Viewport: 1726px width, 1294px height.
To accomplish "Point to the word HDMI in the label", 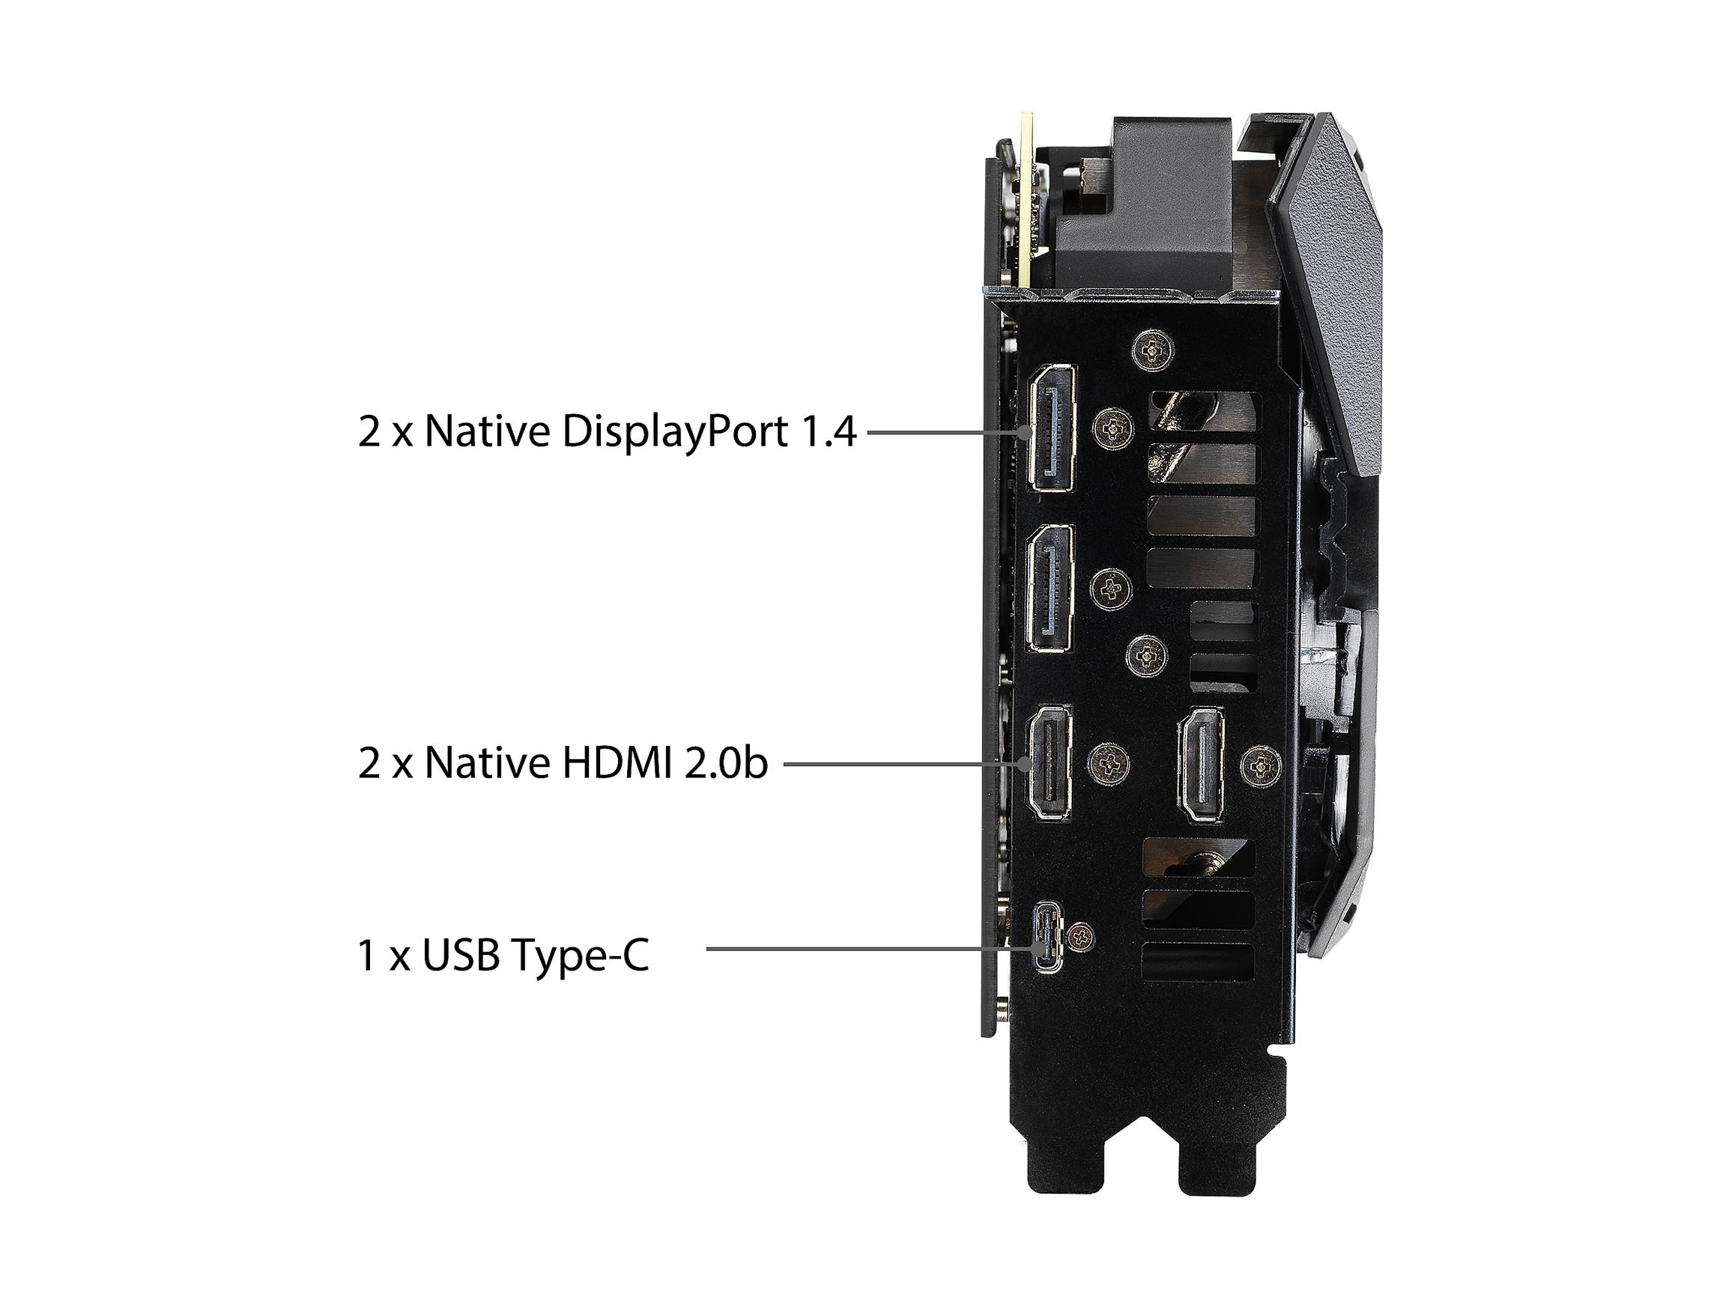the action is (617, 763).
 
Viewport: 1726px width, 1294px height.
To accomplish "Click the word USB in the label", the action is (461, 955).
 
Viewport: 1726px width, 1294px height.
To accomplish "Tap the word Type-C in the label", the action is (580, 957).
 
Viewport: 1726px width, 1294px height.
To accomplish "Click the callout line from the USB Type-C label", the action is (869, 949).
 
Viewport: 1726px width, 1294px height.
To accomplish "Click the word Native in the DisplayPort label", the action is (485, 431).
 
